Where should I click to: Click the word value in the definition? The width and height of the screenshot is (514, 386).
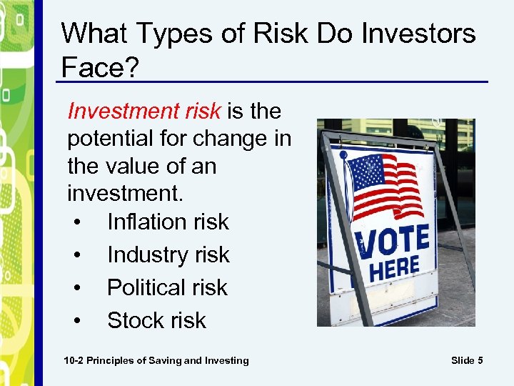(x=141, y=167)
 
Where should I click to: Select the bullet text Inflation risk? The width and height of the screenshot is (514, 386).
(x=168, y=222)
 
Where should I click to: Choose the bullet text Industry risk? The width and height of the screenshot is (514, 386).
(x=168, y=254)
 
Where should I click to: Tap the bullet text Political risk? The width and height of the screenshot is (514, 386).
(x=167, y=287)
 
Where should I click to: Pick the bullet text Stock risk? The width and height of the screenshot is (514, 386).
(x=156, y=320)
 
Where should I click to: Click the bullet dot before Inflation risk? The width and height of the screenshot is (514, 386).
(x=76, y=222)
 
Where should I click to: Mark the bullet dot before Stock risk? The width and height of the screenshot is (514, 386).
(x=76, y=321)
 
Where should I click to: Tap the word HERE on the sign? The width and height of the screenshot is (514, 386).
(x=394, y=269)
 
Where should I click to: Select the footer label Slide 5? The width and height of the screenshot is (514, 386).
(x=467, y=360)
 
